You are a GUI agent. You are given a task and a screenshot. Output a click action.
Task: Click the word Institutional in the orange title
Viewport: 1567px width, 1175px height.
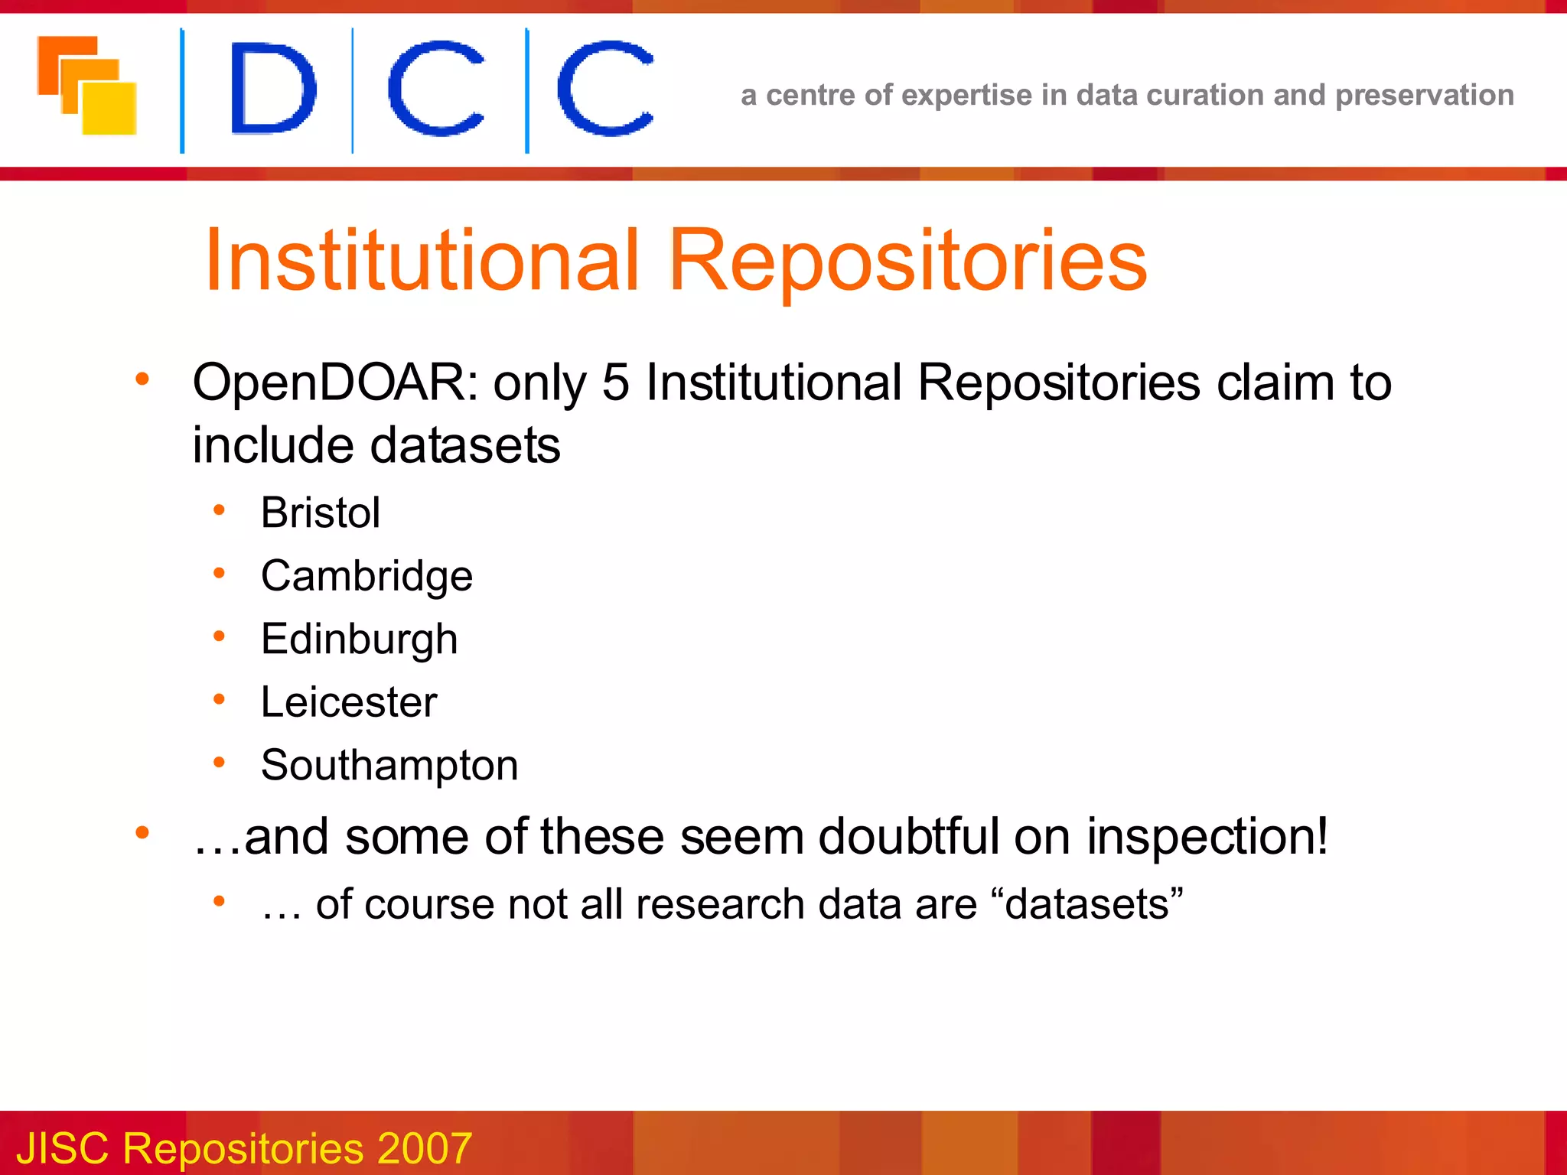pyautogui.click(x=422, y=261)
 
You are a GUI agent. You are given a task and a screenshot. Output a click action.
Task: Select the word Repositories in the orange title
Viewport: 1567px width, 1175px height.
pyautogui.click(x=908, y=261)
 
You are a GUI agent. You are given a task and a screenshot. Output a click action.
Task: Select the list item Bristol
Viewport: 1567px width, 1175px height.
pyautogui.click(x=320, y=513)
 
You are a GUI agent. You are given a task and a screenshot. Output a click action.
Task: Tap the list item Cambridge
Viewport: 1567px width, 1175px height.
pyautogui.click(x=367, y=576)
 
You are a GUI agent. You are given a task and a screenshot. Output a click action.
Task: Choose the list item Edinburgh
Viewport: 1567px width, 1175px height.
pyautogui.click(x=359, y=640)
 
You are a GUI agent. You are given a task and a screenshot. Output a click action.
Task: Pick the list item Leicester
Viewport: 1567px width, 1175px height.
pyautogui.click(x=348, y=702)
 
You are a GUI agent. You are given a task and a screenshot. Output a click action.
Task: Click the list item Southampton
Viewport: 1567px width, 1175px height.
pyautogui.click(x=389, y=765)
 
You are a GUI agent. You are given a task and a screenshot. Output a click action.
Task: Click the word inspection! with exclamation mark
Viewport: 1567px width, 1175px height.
pyautogui.click(x=1207, y=836)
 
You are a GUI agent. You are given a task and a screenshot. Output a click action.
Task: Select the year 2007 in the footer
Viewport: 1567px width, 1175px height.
pyautogui.click(x=424, y=1148)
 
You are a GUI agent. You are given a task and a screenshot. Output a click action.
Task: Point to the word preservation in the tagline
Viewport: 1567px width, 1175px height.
pyautogui.click(x=1424, y=96)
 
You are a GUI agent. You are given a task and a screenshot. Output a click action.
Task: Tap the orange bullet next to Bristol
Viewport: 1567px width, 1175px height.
pyautogui.click(x=220, y=510)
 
